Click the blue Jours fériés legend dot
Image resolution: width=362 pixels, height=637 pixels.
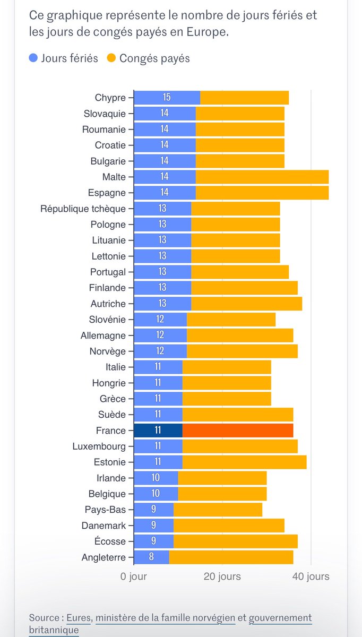(x=33, y=58)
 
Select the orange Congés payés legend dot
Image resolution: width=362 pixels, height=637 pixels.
(x=112, y=58)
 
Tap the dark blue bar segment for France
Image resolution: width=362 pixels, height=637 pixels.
(x=158, y=431)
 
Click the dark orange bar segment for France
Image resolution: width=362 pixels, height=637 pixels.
(x=237, y=431)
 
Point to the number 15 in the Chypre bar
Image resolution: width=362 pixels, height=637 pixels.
(x=167, y=98)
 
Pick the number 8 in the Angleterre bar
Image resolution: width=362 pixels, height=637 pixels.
(x=151, y=557)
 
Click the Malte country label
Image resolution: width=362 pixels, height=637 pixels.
(x=114, y=177)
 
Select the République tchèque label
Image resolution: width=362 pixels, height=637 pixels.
(x=83, y=209)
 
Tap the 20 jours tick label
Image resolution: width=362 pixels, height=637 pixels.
(x=222, y=576)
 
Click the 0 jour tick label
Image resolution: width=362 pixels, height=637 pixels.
(x=134, y=576)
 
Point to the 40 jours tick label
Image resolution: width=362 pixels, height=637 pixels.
(x=311, y=576)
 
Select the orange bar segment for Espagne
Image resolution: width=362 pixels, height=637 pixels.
(x=262, y=193)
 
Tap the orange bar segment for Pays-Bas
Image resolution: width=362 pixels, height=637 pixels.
(x=218, y=510)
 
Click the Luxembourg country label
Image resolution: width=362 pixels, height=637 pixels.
(x=99, y=446)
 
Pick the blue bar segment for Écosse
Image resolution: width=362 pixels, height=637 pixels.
(x=153, y=541)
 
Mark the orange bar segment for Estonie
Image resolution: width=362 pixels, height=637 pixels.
(x=244, y=462)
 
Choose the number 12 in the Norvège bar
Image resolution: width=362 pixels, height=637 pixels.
(x=160, y=351)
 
